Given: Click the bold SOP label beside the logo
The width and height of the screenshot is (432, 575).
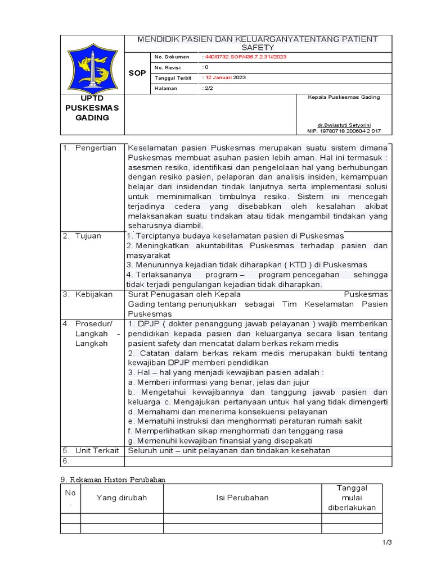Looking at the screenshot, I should pyautogui.click(x=137, y=73).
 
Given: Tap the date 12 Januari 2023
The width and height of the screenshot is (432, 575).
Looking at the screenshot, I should pyautogui.click(x=224, y=77).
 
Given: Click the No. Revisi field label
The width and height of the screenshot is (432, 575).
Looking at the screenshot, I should pyautogui.click(x=164, y=67).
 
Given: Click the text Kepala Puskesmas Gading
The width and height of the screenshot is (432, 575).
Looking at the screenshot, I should pyautogui.click(x=344, y=97).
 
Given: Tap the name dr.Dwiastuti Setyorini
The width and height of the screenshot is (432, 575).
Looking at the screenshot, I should pyautogui.click(x=344, y=125).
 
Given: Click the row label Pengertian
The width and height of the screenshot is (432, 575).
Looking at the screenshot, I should pyautogui.click(x=97, y=148).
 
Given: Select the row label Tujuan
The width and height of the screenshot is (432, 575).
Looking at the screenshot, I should pyautogui.click(x=88, y=236).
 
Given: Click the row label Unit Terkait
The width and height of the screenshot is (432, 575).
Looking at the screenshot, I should pyautogui.click(x=97, y=450).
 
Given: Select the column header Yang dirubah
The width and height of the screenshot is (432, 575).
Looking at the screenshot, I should pyautogui.click(x=121, y=498).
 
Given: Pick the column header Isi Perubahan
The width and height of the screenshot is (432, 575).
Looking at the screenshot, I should pyautogui.click(x=242, y=498).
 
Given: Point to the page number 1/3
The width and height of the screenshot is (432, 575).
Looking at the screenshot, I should pyautogui.click(x=386, y=542).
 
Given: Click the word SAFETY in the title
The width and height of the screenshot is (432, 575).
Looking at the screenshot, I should pyautogui.click(x=258, y=48).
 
